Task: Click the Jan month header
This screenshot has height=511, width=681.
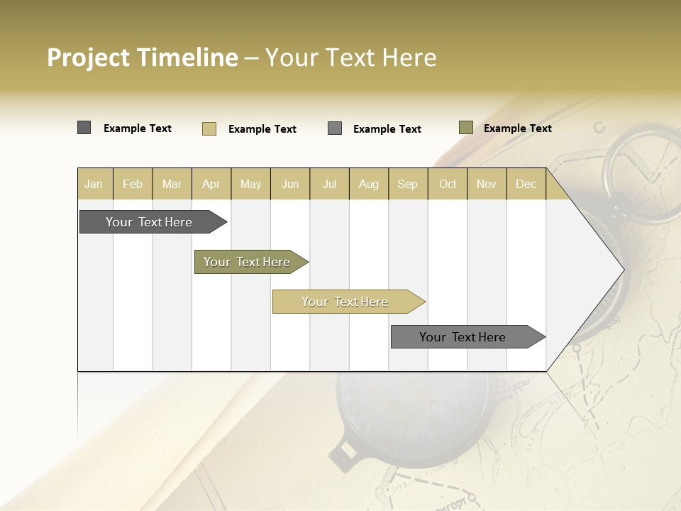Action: point(94,184)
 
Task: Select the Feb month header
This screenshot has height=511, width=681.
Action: point(133,184)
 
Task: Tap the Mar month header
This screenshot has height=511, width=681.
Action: point(172,184)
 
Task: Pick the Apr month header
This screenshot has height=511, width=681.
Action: point(211,184)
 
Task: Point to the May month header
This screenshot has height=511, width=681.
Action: point(250,184)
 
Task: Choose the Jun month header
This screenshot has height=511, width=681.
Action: point(290,184)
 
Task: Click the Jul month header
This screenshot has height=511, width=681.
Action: point(329,184)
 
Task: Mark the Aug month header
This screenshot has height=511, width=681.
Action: point(369,184)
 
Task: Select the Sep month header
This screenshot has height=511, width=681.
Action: point(408,184)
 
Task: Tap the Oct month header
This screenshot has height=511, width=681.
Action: point(448,184)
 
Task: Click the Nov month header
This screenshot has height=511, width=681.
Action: point(487,184)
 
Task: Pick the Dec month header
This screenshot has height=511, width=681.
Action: point(526,184)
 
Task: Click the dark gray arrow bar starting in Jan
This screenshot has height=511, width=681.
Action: point(150,222)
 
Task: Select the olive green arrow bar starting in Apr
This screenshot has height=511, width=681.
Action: point(248,262)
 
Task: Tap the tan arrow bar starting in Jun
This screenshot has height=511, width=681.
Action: point(345,302)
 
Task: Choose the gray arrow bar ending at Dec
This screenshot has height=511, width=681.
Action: point(463,337)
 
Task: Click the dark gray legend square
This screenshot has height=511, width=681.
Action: point(84,128)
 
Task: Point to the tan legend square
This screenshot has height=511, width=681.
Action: point(209,128)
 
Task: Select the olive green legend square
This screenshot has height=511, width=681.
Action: point(466,128)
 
